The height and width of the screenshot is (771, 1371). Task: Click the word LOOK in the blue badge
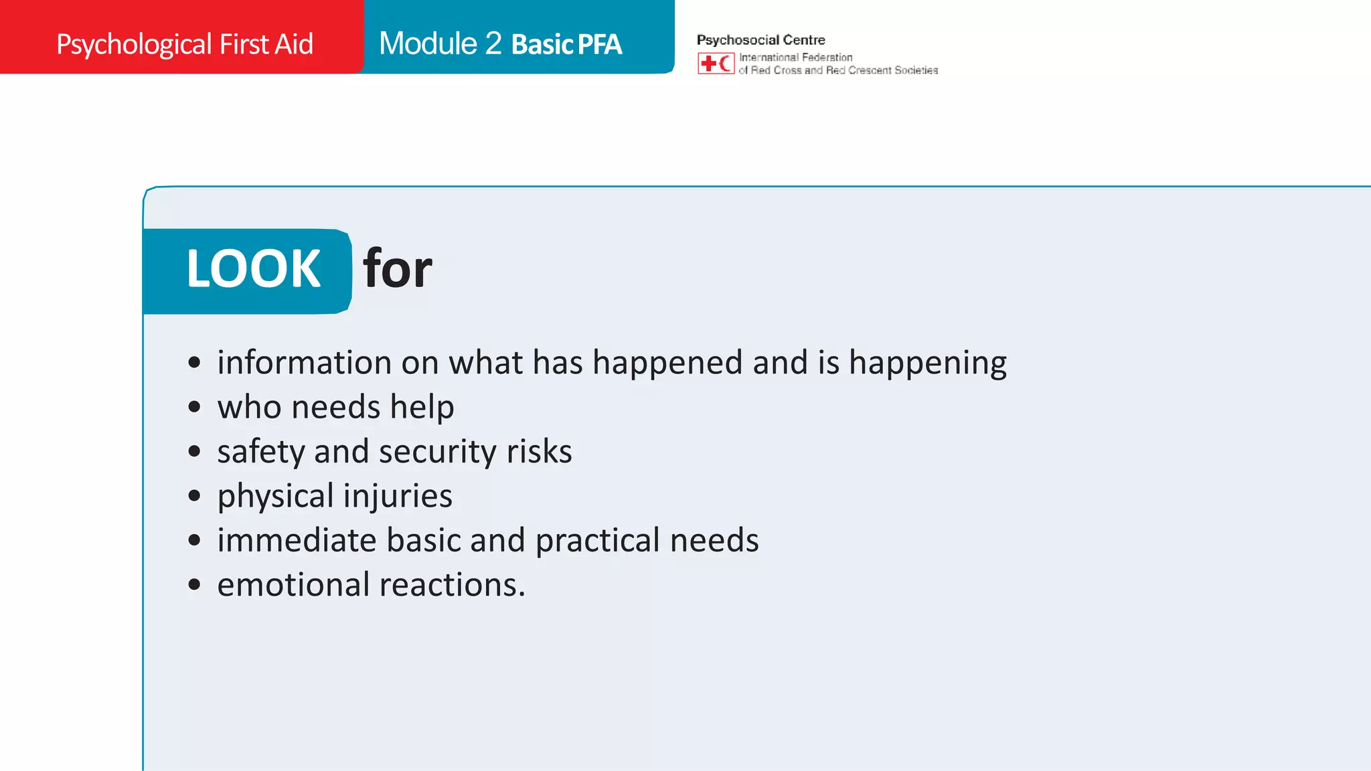coord(253,269)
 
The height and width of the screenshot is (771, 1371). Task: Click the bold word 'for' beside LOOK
coord(397,269)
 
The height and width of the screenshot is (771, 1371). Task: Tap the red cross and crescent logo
coord(716,64)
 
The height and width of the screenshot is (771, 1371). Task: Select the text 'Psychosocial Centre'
coord(760,40)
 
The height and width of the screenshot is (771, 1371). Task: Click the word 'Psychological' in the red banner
coord(134,45)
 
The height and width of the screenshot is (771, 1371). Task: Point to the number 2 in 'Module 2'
coord(493,44)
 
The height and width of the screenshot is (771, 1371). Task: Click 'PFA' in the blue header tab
coord(599,45)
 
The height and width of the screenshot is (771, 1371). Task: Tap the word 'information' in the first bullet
coord(305,363)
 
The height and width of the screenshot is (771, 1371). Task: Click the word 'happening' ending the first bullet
coord(927,363)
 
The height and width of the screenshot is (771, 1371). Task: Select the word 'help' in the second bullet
coord(422,407)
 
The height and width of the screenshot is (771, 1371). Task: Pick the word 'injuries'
coord(398,496)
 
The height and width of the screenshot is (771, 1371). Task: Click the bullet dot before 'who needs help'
coord(194,407)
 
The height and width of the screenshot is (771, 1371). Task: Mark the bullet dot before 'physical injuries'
coord(194,496)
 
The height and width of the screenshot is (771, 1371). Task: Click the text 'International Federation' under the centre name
coord(795,58)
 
